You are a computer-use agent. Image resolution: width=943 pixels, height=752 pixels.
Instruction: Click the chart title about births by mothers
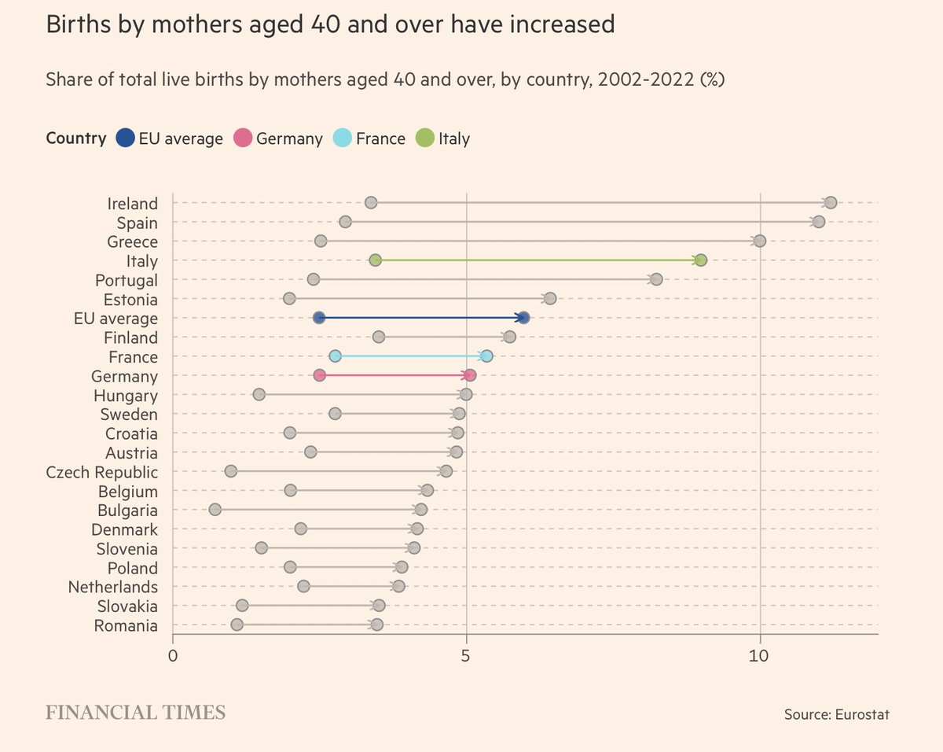click(330, 25)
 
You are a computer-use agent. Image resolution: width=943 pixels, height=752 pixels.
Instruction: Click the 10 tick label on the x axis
click(760, 655)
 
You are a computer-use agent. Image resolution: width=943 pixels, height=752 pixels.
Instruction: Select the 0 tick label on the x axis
click(173, 655)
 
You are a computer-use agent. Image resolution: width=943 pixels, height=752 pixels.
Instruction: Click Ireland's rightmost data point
click(830, 203)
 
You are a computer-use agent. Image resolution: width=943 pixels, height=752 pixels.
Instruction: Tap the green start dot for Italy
click(375, 260)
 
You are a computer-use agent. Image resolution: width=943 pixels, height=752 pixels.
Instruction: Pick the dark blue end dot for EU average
click(523, 318)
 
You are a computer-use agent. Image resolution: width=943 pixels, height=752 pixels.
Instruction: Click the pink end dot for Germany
click(470, 375)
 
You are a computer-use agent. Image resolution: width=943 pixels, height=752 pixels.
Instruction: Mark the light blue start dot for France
click(336, 356)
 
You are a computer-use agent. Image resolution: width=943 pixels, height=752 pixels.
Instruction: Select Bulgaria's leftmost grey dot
click(215, 510)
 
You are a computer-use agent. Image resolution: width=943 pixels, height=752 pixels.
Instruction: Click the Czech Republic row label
click(102, 472)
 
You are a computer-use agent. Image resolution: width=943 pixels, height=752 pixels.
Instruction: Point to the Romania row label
click(126, 626)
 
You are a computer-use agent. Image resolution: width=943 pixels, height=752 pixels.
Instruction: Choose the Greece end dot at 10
click(759, 241)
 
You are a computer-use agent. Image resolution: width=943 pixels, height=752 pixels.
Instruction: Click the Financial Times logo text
click(136, 713)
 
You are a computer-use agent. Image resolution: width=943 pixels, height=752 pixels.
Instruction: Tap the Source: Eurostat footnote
click(836, 714)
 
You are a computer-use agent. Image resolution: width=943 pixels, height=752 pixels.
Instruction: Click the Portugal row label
click(126, 280)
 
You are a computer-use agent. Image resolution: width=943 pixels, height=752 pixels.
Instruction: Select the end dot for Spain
click(818, 222)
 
